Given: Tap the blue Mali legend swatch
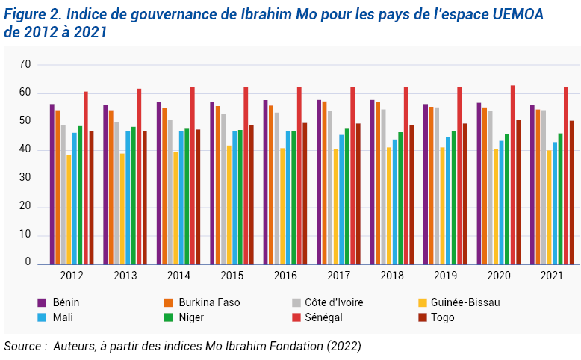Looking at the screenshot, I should click(43, 317).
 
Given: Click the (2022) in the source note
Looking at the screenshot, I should click(344, 346).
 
